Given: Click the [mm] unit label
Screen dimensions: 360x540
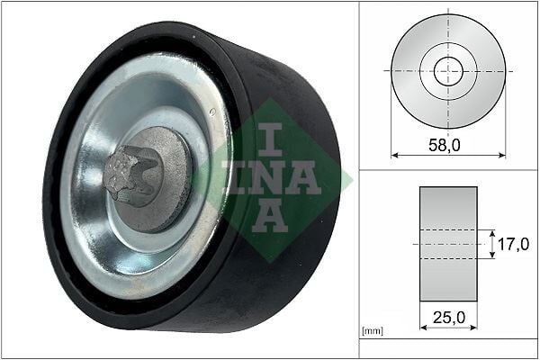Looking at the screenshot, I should click(x=371, y=331).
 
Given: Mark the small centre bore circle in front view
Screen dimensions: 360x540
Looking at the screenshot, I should click(x=448, y=71).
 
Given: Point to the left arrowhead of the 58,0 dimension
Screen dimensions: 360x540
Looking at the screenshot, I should click(x=394, y=155).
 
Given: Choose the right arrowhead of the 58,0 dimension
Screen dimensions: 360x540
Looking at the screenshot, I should click(x=502, y=155).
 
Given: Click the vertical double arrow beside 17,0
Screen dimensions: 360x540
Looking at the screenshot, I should click(x=492, y=244).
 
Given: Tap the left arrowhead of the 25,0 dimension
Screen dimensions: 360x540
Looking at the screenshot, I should click(x=423, y=328).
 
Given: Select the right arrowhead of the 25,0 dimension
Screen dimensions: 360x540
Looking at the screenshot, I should click(x=473, y=328).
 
